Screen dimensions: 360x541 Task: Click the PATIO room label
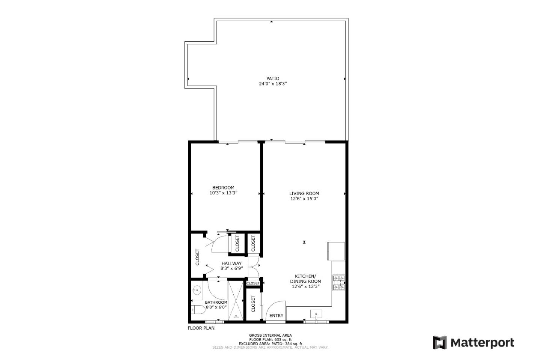click(273, 78)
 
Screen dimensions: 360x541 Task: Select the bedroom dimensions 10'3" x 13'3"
click(223, 193)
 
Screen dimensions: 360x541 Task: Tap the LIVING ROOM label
click(304, 193)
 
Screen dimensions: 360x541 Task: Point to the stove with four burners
click(339, 283)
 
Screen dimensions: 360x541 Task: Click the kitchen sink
click(316, 314)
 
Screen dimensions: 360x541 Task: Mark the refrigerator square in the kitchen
click(336, 250)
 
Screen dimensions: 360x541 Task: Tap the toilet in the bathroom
click(198, 310)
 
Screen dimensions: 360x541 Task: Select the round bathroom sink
click(197, 290)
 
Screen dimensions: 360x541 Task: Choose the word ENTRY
click(276, 316)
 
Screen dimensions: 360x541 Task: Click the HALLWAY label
click(231, 263)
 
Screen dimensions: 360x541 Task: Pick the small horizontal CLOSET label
click(253, 283)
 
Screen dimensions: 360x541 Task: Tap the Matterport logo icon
click(440, 343)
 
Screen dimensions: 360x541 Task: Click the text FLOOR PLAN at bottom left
click(201, 328)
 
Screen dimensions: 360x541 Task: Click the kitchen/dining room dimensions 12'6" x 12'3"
click(305, 286)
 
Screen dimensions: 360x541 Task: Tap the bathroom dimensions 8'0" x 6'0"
click(216, 307)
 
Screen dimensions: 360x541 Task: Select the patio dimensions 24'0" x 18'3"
click(273, 84)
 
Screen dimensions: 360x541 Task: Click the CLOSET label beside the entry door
click(253, 304)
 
